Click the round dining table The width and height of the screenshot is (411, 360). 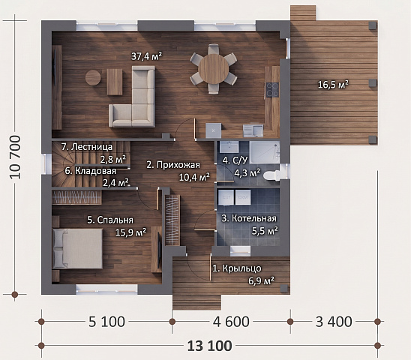point(213,69)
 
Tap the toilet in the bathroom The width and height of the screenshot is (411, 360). point(272,175)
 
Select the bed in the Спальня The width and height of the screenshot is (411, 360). point(77,248)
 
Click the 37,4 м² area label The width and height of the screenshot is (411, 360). point(146,56)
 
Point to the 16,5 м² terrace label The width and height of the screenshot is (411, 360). point(333,85)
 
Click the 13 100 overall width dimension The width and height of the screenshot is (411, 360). point(210,346)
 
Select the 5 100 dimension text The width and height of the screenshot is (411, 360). point(106,322)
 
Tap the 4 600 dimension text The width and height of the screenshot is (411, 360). point(231,322)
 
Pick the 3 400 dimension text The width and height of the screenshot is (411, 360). point(334,322)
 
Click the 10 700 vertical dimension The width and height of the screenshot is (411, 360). point(15,157)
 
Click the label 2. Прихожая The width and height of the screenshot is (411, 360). point(173,165)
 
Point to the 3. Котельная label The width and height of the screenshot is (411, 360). point(249,218)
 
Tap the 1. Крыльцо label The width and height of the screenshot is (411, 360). point(237,268)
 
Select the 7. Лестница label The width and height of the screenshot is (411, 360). point(87,146)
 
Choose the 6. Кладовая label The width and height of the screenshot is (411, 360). point(91,171)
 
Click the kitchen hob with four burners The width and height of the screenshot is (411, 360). point(272,90)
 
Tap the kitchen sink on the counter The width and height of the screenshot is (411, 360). point(253,130)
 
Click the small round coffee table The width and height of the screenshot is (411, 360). point(93,77)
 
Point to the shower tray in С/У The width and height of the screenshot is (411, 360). point(265,152)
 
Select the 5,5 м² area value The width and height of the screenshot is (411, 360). point(265,231)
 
